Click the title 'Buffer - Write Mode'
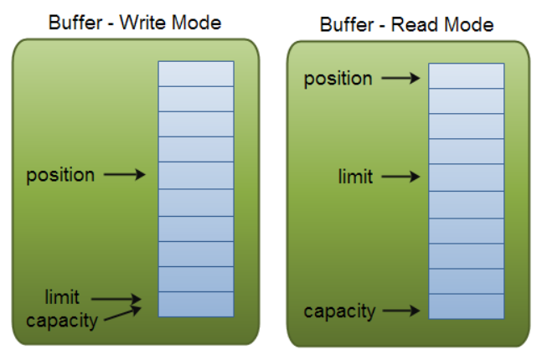[x=135, y=23]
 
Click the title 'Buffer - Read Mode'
[x=406, y=24]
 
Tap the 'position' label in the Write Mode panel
[x=60, y=175]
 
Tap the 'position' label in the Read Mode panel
[x=338, y=78]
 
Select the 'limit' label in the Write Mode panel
[x=63, y=297]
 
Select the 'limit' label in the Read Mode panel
[x=355, y=177]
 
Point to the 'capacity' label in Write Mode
[x=62, y=320]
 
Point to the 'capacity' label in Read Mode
[x=338, y=311]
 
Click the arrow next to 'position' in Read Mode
[x=400, y=78]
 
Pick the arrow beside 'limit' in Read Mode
[x=400, y=177]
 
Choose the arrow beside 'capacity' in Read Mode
[x=400, y=311]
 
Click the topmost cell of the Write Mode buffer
[x=196, y=74]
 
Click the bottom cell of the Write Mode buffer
[x=196, y=304]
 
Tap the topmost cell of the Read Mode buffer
[x=467, y=75]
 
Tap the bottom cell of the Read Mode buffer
[x=467, y=306]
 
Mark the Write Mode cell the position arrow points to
[x=196, y=176]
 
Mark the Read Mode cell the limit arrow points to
[x=467, y=177]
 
